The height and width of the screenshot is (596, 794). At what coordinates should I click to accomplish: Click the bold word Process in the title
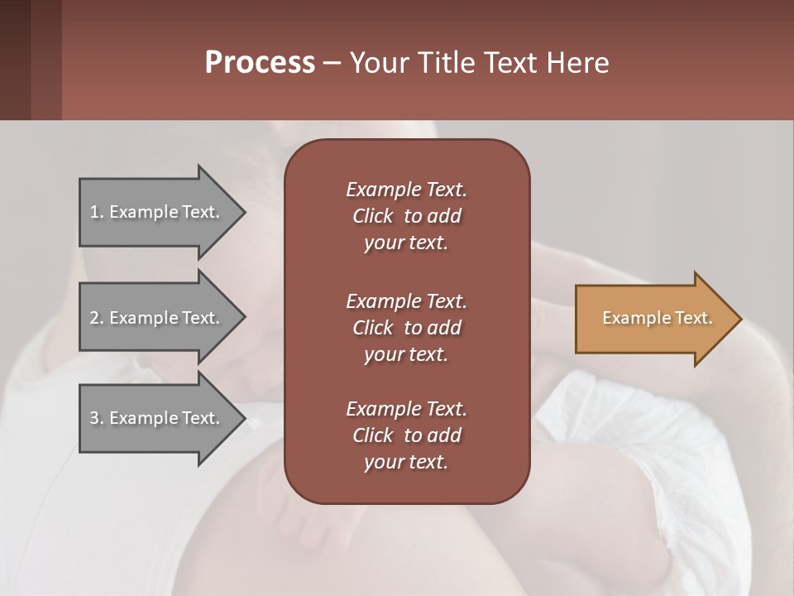coord(260,63)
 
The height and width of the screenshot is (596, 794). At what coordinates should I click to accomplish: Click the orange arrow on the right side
coord(653,319)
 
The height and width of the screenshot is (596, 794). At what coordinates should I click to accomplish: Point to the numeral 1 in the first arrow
coord(94,212)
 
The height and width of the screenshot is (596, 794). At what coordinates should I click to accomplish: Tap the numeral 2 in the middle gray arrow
coord(94,318)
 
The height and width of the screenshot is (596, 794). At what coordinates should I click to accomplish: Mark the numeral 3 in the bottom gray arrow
coord(94,418)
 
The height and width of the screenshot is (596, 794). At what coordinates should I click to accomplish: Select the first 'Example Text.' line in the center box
coord(406,190)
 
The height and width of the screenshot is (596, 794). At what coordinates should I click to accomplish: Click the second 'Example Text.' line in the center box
coord(406,300)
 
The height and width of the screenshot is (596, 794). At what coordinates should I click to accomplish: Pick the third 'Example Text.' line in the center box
coord(406,409)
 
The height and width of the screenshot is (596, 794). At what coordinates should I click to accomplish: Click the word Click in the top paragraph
coord(373,216)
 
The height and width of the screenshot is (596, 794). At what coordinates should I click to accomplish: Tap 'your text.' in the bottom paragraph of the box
coord(406,463)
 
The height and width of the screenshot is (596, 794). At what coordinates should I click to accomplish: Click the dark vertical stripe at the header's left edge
coord(15,60)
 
